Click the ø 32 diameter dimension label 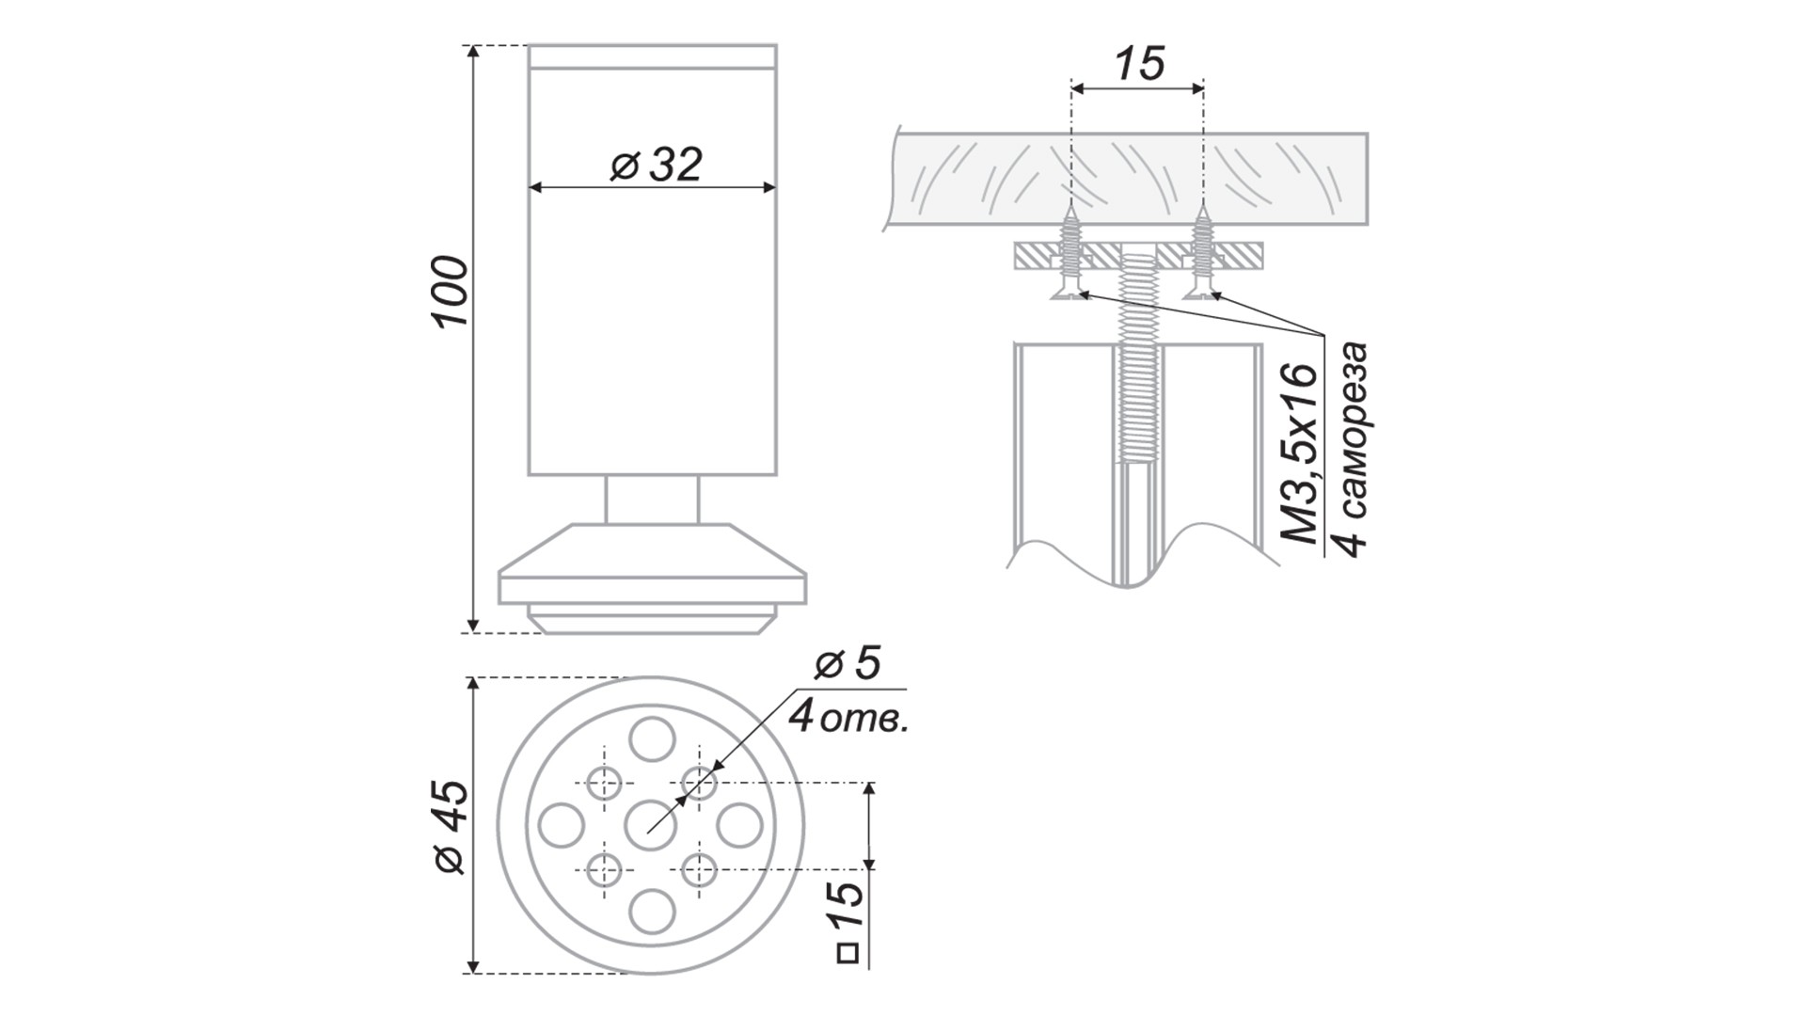pos(656,166)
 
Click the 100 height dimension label pos(451,291)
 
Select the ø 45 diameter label pos(451,827)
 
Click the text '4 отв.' pos(848,717)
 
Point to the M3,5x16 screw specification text pos(1303,453)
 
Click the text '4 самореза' pos(1352,451)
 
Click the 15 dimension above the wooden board pos(1139,64)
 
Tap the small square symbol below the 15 pos(848,954)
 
